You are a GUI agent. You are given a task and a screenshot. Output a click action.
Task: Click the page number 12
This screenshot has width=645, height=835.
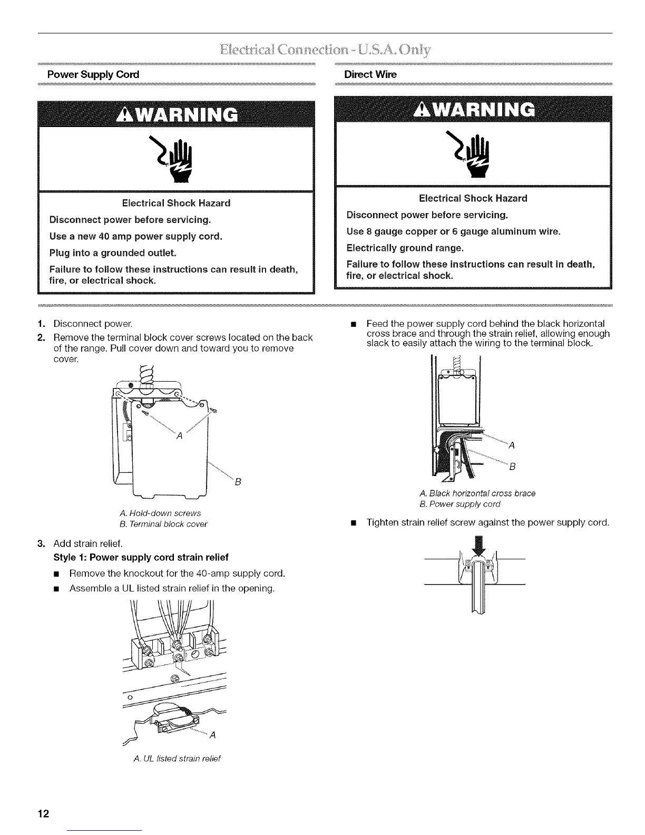coord(43,813)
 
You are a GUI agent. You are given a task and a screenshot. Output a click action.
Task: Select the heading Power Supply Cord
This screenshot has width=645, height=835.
coord(93,74)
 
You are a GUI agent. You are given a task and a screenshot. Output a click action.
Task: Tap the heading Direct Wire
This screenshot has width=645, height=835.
coord(370,74)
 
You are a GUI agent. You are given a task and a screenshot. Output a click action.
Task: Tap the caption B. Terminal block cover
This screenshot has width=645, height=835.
coord(164,524)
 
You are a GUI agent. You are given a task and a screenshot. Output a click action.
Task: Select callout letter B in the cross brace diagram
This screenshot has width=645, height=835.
coord(512,467)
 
